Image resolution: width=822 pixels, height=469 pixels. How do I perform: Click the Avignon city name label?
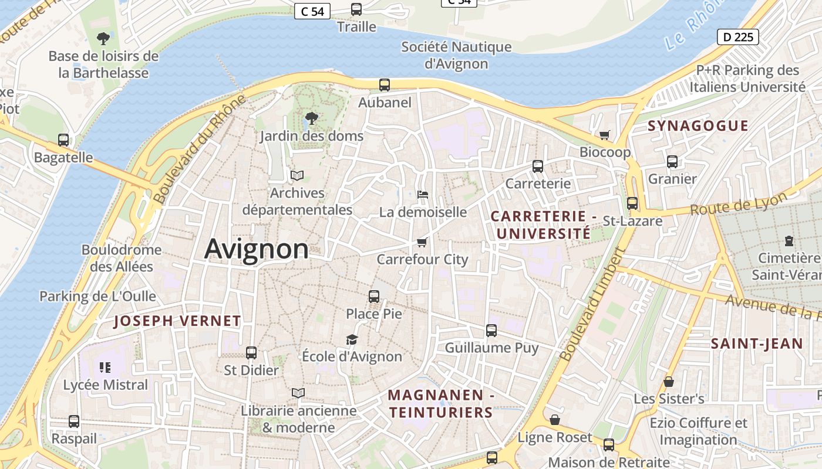257,249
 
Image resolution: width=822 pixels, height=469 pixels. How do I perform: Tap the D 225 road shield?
738,37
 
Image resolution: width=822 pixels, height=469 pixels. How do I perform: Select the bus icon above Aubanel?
385,85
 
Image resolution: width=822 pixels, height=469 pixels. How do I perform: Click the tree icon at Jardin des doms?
312,118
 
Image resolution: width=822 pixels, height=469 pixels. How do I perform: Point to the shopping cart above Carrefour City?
422,242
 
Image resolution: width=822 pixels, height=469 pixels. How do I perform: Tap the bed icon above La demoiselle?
423,195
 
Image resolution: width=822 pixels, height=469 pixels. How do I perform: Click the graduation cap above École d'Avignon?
352,339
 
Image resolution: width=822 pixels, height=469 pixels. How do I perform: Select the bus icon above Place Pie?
374,297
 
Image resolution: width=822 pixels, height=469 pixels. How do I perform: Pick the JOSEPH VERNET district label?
177,321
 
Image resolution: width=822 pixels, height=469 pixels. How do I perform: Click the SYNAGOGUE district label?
698,125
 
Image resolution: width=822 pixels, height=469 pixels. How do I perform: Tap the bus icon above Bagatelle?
63,140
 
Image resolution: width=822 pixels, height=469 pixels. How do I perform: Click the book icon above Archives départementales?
297,175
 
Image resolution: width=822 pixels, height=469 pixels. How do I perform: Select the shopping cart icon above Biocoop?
605,135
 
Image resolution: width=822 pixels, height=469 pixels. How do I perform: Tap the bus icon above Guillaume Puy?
491,331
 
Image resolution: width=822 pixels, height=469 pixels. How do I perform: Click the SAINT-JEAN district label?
757,344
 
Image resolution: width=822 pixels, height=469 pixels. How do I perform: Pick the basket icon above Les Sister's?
668,382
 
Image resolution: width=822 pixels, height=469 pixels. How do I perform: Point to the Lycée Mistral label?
106,385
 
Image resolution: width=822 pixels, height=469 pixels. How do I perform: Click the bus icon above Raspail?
74,422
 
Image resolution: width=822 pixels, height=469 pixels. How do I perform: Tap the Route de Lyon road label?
738,204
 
